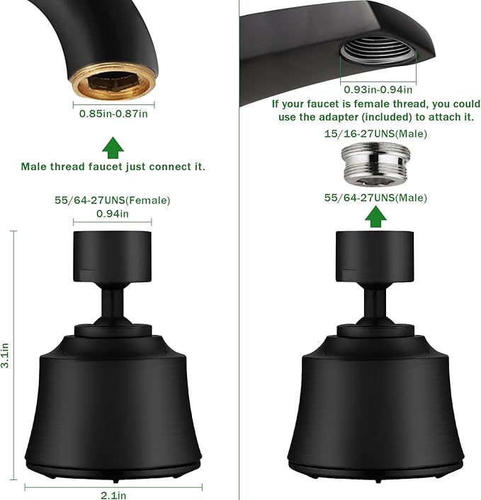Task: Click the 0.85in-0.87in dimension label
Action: [113, 113]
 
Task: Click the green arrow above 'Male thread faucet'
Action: [113, 148]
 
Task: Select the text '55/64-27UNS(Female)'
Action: [113, 201]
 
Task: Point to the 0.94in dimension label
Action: [113, 213]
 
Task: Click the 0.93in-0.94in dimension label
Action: [377, 89]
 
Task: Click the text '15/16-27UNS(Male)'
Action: [375, 133]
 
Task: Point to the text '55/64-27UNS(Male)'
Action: [375, 198]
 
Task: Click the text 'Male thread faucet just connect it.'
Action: [113, 167]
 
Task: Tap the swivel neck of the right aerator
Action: [374, 305]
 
